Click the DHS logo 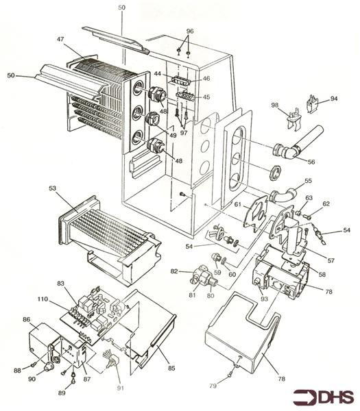323,397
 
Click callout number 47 60,39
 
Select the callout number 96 190,31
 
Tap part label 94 333,99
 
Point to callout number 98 274,105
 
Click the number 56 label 311,162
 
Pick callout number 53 53,188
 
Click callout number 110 43,299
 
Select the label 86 27,319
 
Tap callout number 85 171,369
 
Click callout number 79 213,386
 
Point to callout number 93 264,299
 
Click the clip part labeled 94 313,104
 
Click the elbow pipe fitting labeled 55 283,195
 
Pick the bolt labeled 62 307,216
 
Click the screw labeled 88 34,364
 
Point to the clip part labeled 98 293,119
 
